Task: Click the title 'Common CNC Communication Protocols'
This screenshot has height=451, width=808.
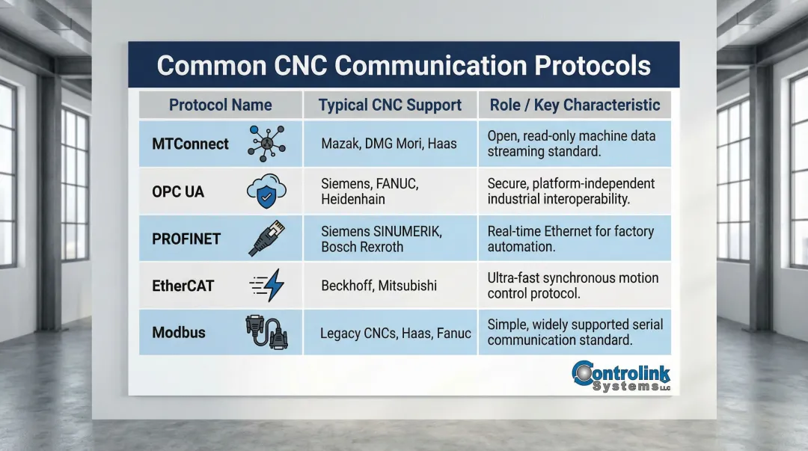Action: pos(403,65)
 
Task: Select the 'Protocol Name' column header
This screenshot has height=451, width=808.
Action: pos(220,105)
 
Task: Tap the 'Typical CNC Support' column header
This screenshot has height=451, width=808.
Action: pos(389,105)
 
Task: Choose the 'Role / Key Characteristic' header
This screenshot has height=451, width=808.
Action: pos(575,105)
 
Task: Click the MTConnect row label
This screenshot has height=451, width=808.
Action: pos(190,144)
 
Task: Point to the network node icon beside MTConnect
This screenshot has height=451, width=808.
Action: pos(266,144)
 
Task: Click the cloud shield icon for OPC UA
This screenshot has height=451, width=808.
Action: pos(266,192)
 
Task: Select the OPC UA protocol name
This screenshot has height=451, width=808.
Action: pos(177,192)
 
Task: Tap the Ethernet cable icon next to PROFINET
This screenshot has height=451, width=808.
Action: pos(266,239)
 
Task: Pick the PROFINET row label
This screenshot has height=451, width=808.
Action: pos(186,239)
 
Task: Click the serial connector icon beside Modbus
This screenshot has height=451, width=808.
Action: pos(267,332)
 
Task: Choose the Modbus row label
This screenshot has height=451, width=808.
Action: pos(179,333)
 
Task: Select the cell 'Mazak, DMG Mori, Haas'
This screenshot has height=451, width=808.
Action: pos(388,144)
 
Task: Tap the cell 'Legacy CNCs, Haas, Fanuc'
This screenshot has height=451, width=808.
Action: pos(395,333)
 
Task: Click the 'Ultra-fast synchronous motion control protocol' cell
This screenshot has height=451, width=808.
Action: pos(572,286)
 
